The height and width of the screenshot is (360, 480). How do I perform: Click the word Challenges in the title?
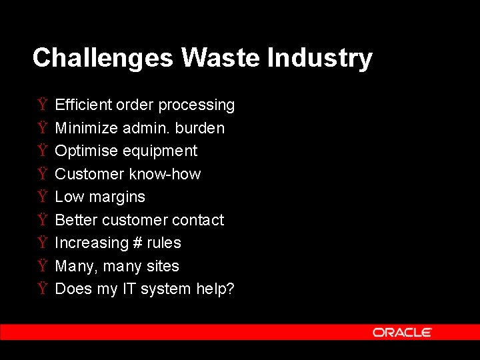click(x=103, y=58)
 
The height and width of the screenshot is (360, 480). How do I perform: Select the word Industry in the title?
click(x=319, y=58)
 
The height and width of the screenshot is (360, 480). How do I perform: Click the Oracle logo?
click(x=402, y=332)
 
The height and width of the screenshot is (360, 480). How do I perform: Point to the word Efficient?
click(x=83, y=105)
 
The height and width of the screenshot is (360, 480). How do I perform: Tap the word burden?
click(x=200, y=128)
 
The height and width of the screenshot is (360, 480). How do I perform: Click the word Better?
click(x=75, y=220)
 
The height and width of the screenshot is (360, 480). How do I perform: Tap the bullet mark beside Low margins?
click(x=43, y=197)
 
